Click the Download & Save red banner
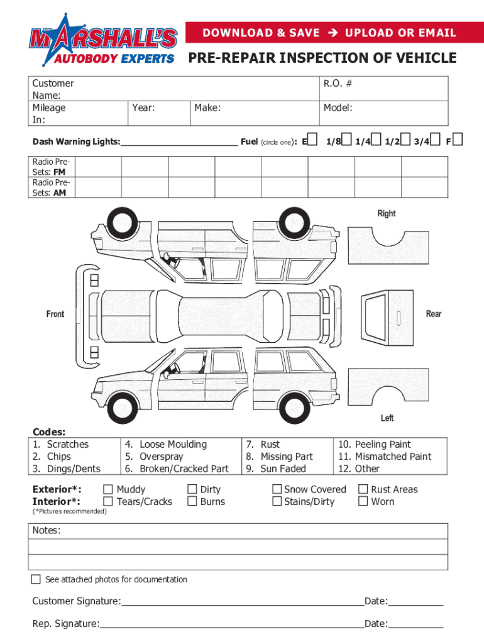329,33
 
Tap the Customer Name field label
53,89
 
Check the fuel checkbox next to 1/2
405,139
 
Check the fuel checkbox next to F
457,139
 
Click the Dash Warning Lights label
76,142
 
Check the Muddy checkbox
108,489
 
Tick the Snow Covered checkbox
277,489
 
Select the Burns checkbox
192,501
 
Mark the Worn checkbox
363,501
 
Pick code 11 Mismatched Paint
385,457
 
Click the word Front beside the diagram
55,314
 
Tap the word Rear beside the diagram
434,314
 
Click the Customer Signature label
76,602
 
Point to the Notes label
47,531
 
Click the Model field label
338,108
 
